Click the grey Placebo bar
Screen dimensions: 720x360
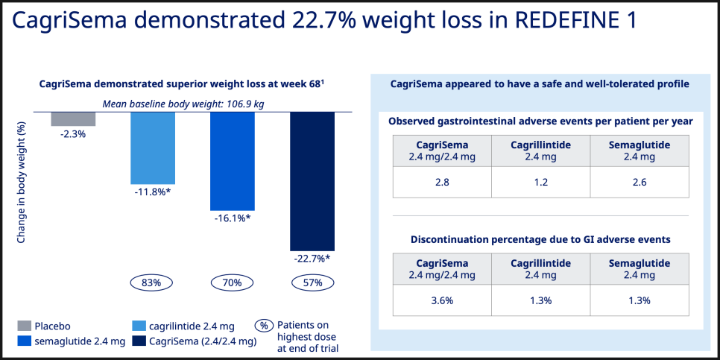73,119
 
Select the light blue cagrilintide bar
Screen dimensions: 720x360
153,148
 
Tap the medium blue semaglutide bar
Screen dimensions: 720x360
233,161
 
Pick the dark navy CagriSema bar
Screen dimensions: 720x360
312,181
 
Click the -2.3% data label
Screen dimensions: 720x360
73,135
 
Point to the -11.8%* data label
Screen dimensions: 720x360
153,192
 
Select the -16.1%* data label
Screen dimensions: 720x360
233,218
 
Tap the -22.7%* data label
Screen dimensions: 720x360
312,259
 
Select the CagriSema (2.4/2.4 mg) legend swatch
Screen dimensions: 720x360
139,341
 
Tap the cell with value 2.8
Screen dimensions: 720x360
442,183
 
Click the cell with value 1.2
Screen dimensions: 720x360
541,183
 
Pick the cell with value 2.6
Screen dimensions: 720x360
640,183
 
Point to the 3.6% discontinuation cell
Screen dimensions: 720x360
442,300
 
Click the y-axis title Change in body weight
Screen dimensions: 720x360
21,181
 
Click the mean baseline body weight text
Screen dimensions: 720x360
183,104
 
